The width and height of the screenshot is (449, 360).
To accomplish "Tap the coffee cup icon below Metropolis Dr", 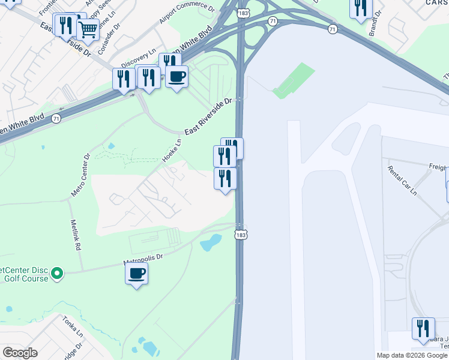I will click(136, 274).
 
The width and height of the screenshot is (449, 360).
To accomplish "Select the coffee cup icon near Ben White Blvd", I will click(176, 77).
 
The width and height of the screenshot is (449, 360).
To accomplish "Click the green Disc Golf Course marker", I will click(57, 274).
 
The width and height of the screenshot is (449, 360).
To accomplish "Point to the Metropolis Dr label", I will click(143, 259).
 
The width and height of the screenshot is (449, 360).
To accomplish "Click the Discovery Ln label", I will click(139, 58).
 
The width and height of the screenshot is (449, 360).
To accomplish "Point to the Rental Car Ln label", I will click(402, 180).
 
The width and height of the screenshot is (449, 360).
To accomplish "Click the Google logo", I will click(20, 353).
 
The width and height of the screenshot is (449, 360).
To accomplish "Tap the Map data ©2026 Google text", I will click(412, 355).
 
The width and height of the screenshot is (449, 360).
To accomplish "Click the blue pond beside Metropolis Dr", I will click(210, 243).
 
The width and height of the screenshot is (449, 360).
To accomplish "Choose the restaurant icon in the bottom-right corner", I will click(423, 328).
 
